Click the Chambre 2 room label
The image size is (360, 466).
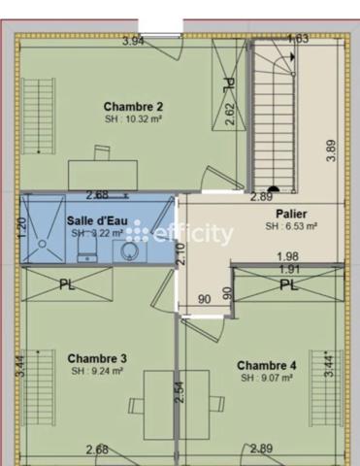pos(132,106)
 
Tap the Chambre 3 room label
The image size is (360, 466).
pos(98,358)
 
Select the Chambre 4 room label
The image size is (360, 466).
pos(265,364)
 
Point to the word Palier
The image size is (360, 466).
pos(291,213)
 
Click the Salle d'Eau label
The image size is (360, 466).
pos(94,220)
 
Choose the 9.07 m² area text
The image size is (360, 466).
pos(266,377)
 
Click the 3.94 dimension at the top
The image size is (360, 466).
pos(134,41)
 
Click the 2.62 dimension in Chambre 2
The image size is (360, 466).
pos(230,115)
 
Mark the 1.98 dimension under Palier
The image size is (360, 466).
pos(286,256)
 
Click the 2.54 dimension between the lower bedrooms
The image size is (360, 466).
pos(180,391)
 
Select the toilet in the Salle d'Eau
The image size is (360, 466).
pos(85,251)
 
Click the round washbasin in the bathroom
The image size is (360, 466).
pos(129,251)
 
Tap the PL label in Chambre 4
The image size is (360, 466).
pos(288,284)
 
